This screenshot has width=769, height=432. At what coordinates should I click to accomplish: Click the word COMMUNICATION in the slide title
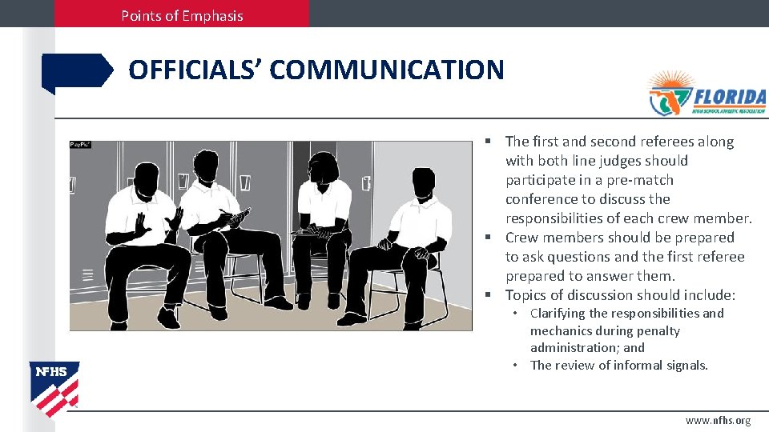click(387, 70)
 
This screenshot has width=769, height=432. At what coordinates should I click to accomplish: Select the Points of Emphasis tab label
click(182, 15)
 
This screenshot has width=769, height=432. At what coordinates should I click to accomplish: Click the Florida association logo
click(707, 94)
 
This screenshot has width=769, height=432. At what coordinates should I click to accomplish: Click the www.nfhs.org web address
click(718, 420)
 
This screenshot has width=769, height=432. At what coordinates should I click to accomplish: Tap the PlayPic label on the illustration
click(80, 145)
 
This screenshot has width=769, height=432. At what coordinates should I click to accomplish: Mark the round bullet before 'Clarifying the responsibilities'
click(517, 314)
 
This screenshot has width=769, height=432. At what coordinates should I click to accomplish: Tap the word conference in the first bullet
click(545, 199)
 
